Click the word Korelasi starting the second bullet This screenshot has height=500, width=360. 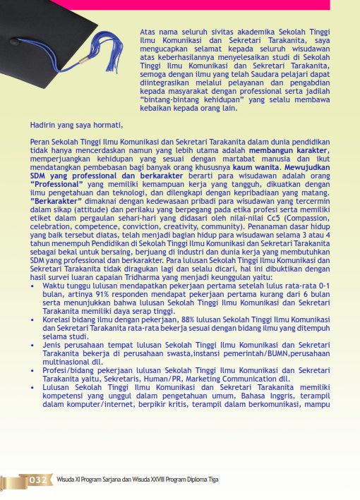click(58, 319)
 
